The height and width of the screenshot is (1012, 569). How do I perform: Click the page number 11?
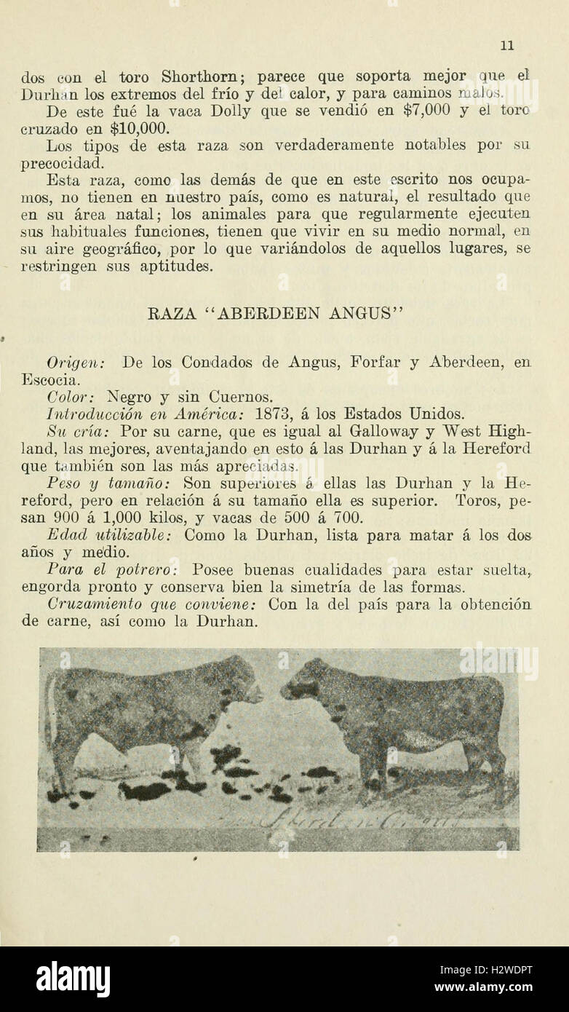(x=507, y=45)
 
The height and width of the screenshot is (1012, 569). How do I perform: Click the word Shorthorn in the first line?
(x=196, y=76)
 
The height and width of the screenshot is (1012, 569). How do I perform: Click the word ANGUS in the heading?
(x=361, y=314)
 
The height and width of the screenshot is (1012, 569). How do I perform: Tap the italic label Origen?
(x=76, y=362)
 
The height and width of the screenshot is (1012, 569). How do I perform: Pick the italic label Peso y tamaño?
(x=108, y=483)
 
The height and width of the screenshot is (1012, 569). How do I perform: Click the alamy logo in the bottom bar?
(x=73, y=979)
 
